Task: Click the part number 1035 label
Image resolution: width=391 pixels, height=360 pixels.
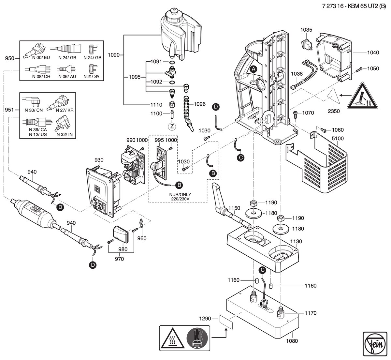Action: coord(306,30)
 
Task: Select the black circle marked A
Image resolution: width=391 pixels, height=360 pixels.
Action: coord(253,69)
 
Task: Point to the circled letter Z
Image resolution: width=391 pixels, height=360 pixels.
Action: coord(172,127)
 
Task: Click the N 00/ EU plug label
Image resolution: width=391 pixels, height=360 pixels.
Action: coord(41,58)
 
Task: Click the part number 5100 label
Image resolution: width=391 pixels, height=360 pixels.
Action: coord(338,138)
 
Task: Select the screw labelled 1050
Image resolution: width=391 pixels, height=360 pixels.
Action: coord(359,69)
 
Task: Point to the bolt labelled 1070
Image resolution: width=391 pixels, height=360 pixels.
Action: coord(296,114)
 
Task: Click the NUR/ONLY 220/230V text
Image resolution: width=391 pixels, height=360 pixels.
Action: coord(180,197)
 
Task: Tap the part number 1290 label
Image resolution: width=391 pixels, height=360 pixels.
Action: coord(205,319)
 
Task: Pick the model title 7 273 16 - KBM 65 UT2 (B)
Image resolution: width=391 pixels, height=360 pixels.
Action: coord(354,6)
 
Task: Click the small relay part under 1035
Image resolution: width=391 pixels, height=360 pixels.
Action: coord(307,45)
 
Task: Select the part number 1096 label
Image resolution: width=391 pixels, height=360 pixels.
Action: coord(200,104)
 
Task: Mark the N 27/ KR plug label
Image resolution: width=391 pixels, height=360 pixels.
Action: coord(65,110)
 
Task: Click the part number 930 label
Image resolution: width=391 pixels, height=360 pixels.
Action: coord(99,160)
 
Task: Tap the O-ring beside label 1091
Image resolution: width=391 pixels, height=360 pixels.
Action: coord(172,62)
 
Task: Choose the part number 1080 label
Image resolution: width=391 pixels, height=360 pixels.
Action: coord(292,341)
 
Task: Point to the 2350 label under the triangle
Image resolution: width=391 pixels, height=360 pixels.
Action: coord(334,111)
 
